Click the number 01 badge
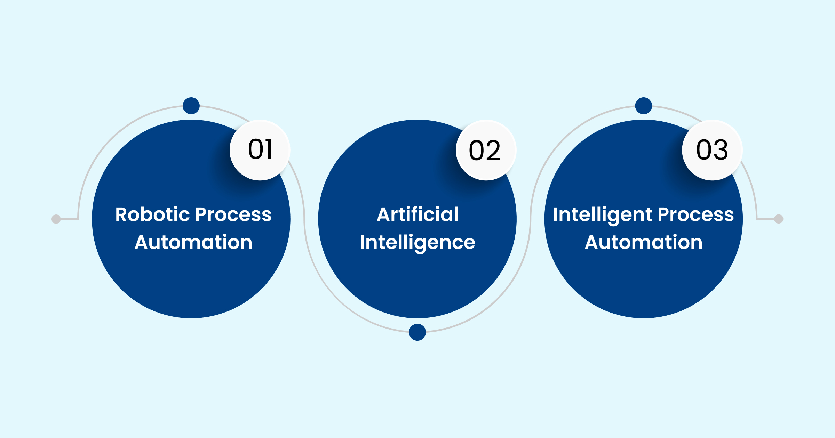point(260,150)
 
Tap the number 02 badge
point(486,150)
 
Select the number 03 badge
point(712,150)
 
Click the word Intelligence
point(417,242)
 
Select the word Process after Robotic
point(233,215)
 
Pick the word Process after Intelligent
point(696,215)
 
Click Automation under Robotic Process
point(193,242)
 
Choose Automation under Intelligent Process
point(644,242)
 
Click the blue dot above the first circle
point(191,106)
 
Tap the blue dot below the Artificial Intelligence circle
point(417,332)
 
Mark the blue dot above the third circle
point(644,106)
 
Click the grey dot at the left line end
point(56,219)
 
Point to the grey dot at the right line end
point(779,219)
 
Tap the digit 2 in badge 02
point(493,151)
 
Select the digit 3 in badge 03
point(720,150)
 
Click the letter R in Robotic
point(122,214)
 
